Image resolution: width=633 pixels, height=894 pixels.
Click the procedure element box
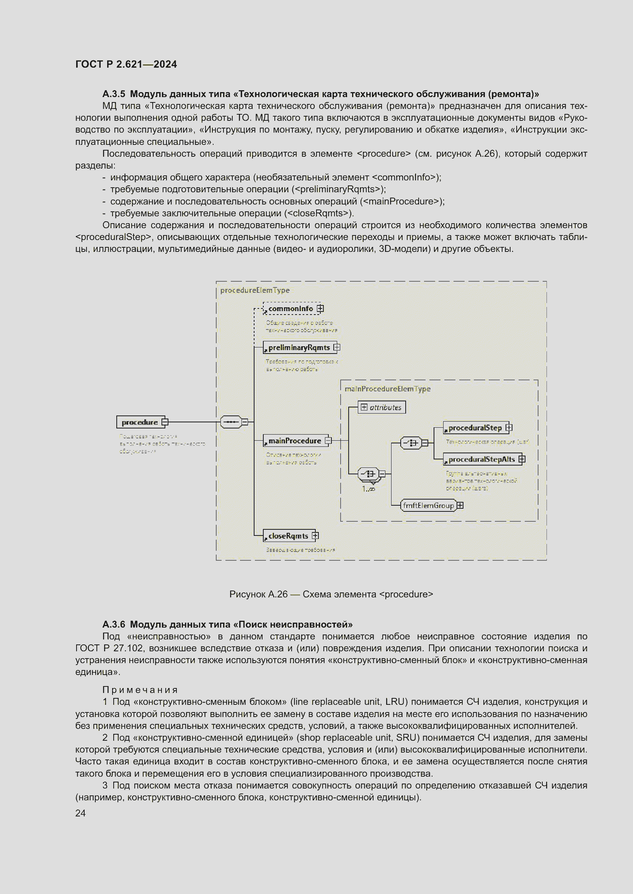(x=140, y=422)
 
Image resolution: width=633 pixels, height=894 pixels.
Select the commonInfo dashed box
(x=290, y=309)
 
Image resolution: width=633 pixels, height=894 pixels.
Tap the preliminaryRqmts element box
(x=298, y=347)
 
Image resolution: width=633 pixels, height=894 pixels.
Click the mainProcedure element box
(x=294, y=441)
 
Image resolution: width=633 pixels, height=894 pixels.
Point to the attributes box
(x=382, y=407)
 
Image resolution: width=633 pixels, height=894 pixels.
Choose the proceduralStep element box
(x=475, y=428)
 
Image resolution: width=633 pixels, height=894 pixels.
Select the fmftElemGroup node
(x=428, y=505)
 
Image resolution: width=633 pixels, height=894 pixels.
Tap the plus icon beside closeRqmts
(x=315, y=536)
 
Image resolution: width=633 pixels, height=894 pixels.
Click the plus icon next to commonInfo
(x=320, y=308)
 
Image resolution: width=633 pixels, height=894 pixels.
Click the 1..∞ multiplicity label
(x=368, y=489)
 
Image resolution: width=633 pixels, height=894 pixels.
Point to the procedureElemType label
(x=255, y=290)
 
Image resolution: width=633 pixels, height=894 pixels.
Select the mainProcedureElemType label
(x=387, y=389)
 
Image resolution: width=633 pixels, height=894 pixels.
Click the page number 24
(x=81, y=813)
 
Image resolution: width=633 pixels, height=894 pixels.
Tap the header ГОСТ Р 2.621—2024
(x=126, y=64)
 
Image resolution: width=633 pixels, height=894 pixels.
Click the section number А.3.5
(x=114, y=94)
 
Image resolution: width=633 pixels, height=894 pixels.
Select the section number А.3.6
(x=114, y=625)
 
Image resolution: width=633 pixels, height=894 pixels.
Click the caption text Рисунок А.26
(x=258, y=594)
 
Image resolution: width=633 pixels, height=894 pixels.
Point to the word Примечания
(x=140, y=690)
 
